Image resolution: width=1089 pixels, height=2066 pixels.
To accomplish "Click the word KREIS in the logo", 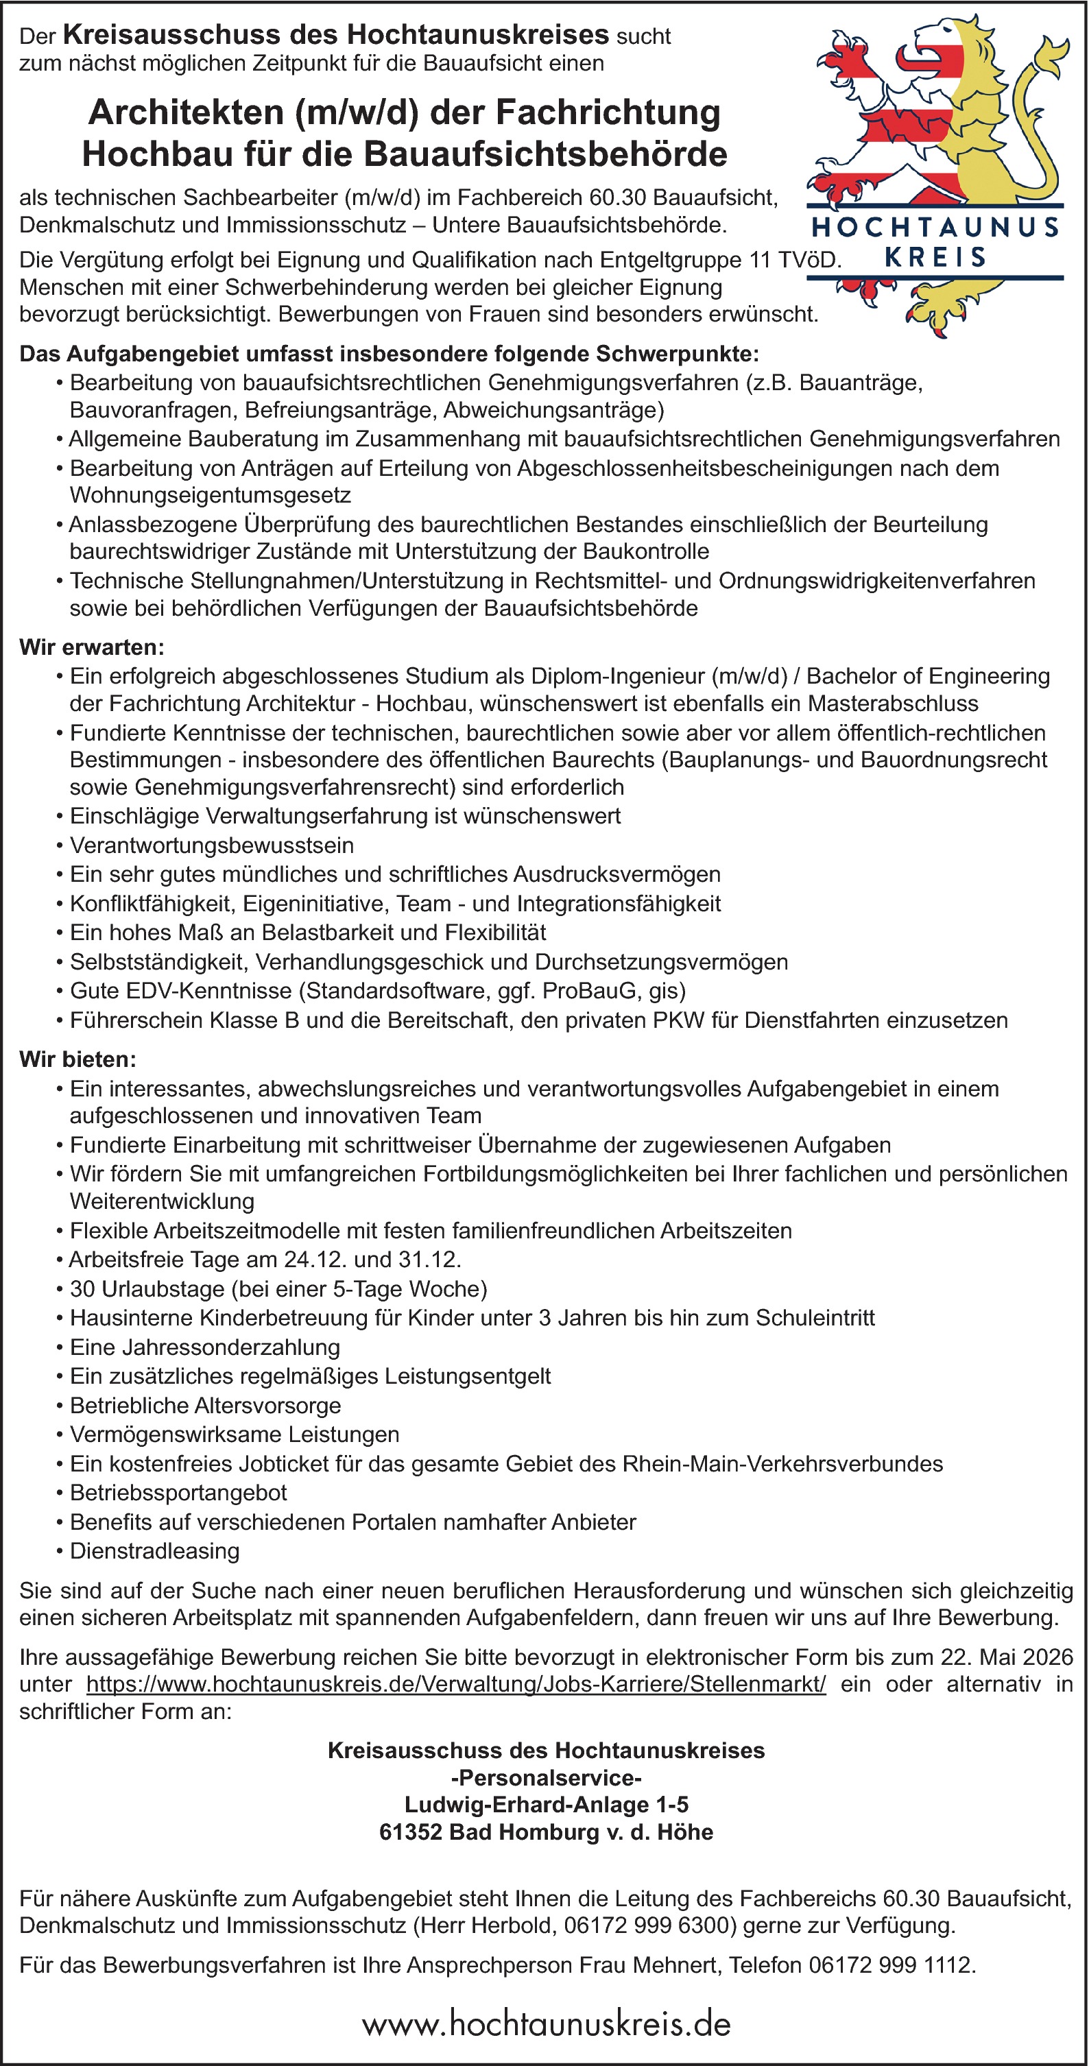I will click(935, 257).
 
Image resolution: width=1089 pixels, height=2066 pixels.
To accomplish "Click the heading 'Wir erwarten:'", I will click(91, 647).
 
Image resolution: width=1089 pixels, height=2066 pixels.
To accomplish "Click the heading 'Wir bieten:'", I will click(77, 1059).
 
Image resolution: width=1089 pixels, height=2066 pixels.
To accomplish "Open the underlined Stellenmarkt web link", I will click(455, 1684).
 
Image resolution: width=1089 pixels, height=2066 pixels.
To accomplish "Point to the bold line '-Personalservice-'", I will click(545, 1778).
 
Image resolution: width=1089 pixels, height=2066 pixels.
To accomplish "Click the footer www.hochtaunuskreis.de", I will click(545, 2023).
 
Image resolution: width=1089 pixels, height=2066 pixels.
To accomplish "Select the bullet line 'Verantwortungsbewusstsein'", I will click(212, 845).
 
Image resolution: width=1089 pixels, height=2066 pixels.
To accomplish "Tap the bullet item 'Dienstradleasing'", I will click(155, 1550).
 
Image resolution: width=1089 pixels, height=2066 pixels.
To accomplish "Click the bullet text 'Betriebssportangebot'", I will click(178, 1493).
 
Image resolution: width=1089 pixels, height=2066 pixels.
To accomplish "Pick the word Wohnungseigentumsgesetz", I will click(210, 496).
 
